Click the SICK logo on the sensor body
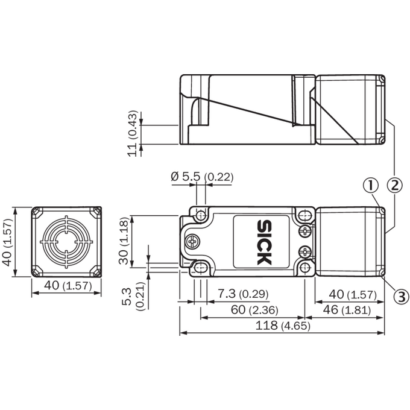point(264,242)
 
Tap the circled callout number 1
point(371,185)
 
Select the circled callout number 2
point(394,185)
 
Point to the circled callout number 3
point(401,297)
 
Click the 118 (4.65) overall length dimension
point(283,326)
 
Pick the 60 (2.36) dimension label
point(254,310)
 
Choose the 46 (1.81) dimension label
point(347,310)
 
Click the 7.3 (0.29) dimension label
point(243,294)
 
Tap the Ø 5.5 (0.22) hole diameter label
point(202,177)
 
